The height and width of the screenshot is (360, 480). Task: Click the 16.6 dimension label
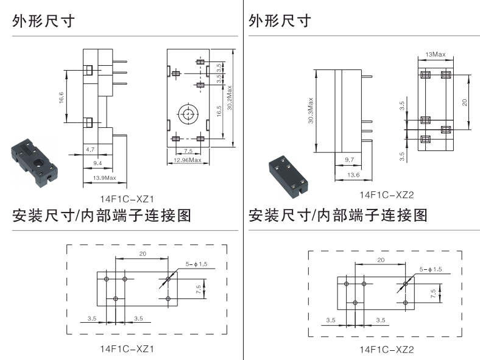[x=62, y=97]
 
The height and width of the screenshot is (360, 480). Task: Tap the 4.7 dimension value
[x=90, y=149]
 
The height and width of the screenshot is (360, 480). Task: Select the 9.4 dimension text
[x=97, y=163]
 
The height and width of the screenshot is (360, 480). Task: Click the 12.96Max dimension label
[x=187, y=160]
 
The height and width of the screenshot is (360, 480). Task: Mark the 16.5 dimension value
[x=218, y=112]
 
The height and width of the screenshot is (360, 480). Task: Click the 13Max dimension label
[x=436, y=55]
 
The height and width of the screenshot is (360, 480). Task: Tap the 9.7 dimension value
[x=350, y=160]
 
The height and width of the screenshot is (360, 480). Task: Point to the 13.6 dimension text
[x=353, y=175]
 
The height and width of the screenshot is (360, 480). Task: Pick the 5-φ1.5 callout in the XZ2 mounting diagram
[x=430, y=269]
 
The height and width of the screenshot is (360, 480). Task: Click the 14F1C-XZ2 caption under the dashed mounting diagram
[x=387, y=350]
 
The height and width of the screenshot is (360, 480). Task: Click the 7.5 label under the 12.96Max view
[x=188, y=150]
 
